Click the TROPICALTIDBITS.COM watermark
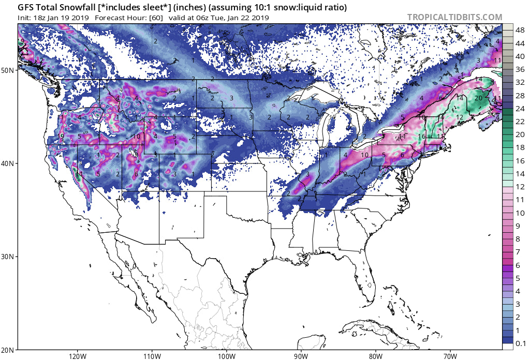click(454, 17)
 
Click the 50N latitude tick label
click(8, 70)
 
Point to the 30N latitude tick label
click(8, 257)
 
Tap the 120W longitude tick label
click(77, 355)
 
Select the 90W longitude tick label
click(301, 355)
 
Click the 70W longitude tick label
click(450, 355)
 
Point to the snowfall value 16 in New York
click(422, 136)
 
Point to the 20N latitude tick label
click(8, 349)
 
